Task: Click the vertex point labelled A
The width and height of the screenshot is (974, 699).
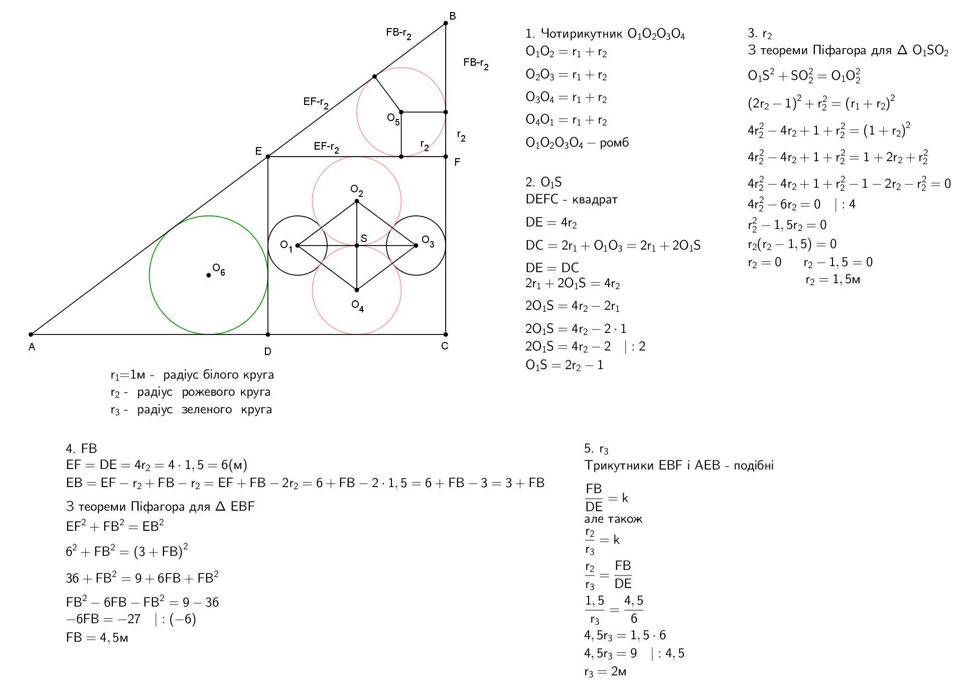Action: [31, 334]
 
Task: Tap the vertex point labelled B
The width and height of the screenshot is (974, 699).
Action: [446, 23]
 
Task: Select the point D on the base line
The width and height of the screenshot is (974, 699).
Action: [268, 334]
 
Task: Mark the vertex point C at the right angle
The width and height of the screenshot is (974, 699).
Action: [446, 334]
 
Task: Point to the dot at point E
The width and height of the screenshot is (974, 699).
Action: [268, 157]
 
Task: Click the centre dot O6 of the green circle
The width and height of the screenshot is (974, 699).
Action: [209, 275]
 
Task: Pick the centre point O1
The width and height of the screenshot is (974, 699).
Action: [298, 246]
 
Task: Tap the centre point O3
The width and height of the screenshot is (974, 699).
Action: [416, 246]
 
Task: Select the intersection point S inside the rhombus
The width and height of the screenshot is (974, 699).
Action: [357, 246]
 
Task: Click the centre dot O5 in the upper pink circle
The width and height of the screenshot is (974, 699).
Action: [401, 112]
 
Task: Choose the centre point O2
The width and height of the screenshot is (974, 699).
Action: [357, 201]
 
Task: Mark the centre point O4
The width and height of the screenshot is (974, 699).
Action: [357, 290]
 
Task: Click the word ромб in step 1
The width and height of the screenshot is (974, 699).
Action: [614, 143]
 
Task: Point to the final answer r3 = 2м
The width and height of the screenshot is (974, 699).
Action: [605, 672]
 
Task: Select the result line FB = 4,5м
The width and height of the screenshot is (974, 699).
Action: [97, 638]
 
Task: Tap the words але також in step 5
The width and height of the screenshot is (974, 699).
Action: [613, 519]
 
